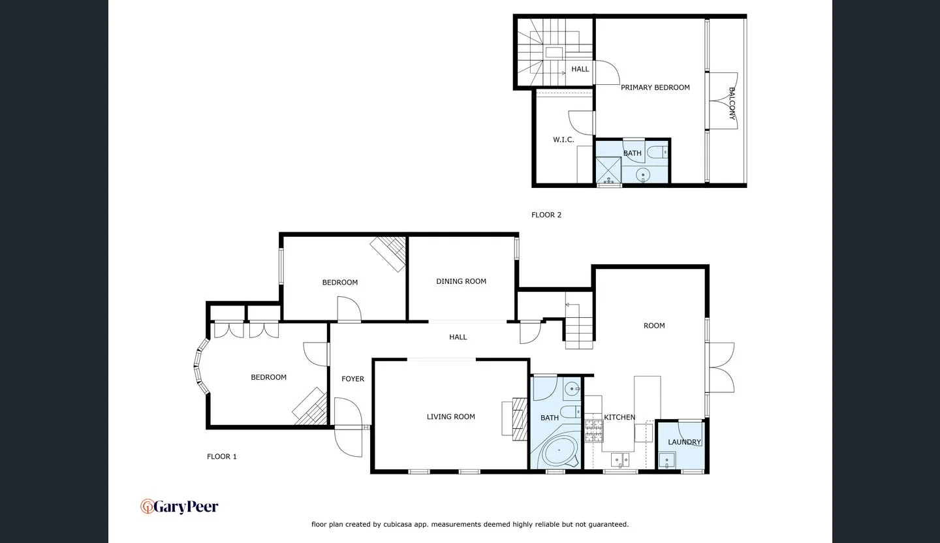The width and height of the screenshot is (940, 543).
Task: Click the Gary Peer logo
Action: [x=180, y=506]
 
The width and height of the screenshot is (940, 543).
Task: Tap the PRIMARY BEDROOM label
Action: [x=655, y=87]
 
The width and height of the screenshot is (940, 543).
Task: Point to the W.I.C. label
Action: [x=563, y=140]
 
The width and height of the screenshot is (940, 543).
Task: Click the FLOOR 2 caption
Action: [x=546, y=215]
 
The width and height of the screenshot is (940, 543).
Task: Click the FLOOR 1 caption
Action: [x=222, y=457]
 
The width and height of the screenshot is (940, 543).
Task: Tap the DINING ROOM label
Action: [x=461, y=281]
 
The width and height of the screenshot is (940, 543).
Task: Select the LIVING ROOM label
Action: [x=450, y=417]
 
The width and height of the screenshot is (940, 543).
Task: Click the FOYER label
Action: [x=352, y=379]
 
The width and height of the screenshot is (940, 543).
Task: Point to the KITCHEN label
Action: [x=619, y=418]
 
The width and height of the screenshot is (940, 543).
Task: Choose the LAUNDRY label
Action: [x=684, y=442]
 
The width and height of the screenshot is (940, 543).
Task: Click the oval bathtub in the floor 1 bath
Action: [x=559, y=451]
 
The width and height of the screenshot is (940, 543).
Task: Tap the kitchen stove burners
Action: [x=593, y=431]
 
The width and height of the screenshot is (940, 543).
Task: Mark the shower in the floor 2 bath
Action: [x=608, y=170]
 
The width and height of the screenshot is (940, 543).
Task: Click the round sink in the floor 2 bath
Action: [x=643, y=174]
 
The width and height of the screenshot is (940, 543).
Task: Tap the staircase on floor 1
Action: [x=578, y=326]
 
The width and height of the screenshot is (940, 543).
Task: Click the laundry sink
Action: [x=666, y=461]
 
